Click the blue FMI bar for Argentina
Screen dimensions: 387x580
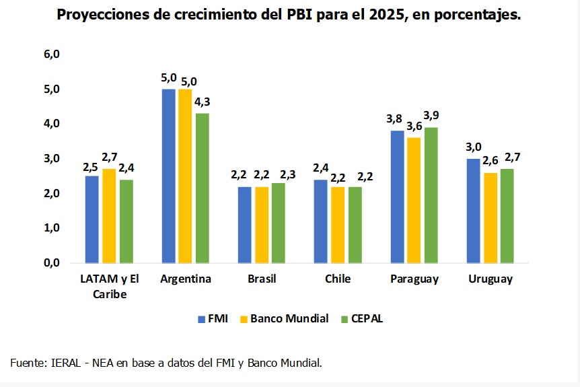click(168, 176)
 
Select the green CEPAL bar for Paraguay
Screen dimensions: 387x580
click(431, 195)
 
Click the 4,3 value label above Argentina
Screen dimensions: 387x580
click(202, 102)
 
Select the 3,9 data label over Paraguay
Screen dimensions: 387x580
click(431, 116)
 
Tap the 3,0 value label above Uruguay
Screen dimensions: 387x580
click(473, 147)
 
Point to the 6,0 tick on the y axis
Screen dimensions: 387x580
click(52, 55)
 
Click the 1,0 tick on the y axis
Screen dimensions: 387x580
click(52, 228)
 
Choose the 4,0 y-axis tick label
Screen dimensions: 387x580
click(52, 124)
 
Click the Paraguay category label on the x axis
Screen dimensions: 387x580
click(414, 279)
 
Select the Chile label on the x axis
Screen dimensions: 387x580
click(338, 279)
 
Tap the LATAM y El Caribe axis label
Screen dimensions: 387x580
click(109, 286)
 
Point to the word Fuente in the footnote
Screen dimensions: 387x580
click(28, 363)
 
